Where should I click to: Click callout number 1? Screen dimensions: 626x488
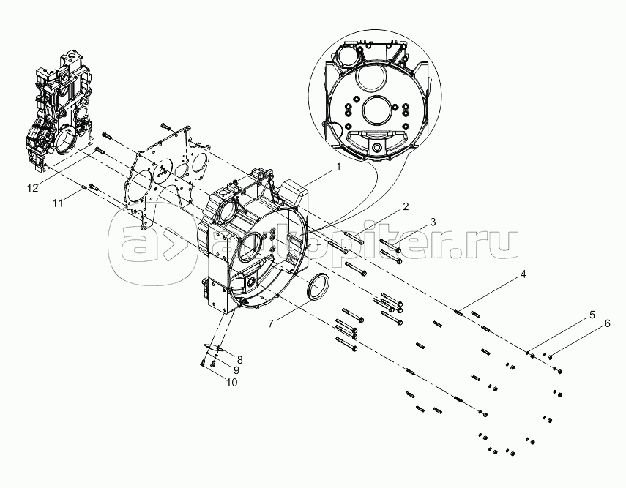pyautogui.click(x=338, y=168)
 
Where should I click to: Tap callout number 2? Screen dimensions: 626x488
pyautogui.click(x=406, y=206)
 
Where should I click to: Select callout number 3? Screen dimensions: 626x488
pyautogui.click(x=433, y=222)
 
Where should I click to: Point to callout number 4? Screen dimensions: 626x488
pyautogui.click(x=523, y=274)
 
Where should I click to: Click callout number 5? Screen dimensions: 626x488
pyautogui.click(x=592, y=315)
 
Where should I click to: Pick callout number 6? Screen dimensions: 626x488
pyautogui.click(x=607, y=323)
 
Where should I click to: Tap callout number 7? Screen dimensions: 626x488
pyautogui.click(x=271, y=323)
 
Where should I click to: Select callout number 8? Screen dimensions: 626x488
pyautogui.click(x=239, y=359)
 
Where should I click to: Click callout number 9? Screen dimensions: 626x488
pyautogui.click(x=236, y=370)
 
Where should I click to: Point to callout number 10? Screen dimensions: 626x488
pyautogui.click(x=231, y=382)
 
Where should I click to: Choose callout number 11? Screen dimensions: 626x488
pyautogui.click(x=58, y=203)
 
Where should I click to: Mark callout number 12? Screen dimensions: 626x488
pyautogui.click(x=33, y=187)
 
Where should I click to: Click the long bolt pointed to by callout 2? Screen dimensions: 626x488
pyautogui.click(x=354, y=239)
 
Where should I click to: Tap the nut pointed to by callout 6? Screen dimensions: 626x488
pyautogui.click(x=550, y=357)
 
